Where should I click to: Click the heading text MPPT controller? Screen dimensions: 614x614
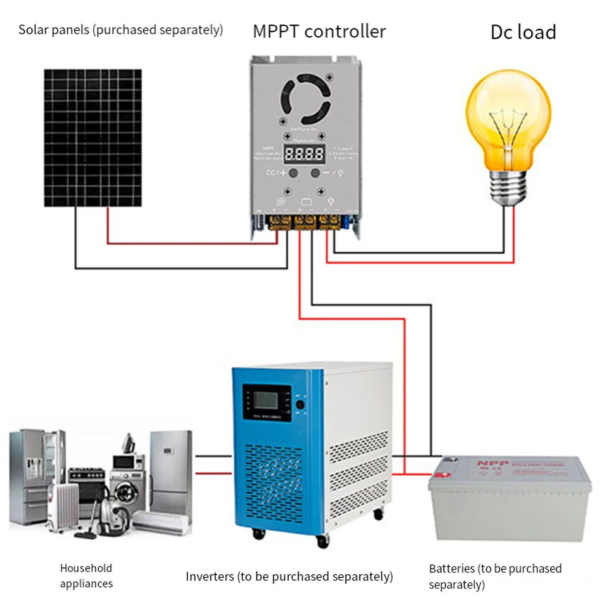tap(320, 31)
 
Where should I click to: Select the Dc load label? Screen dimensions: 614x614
tap(523, 32)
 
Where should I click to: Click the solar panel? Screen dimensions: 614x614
tap(92, 138)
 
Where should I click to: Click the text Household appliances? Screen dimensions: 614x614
tap(86, 575)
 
